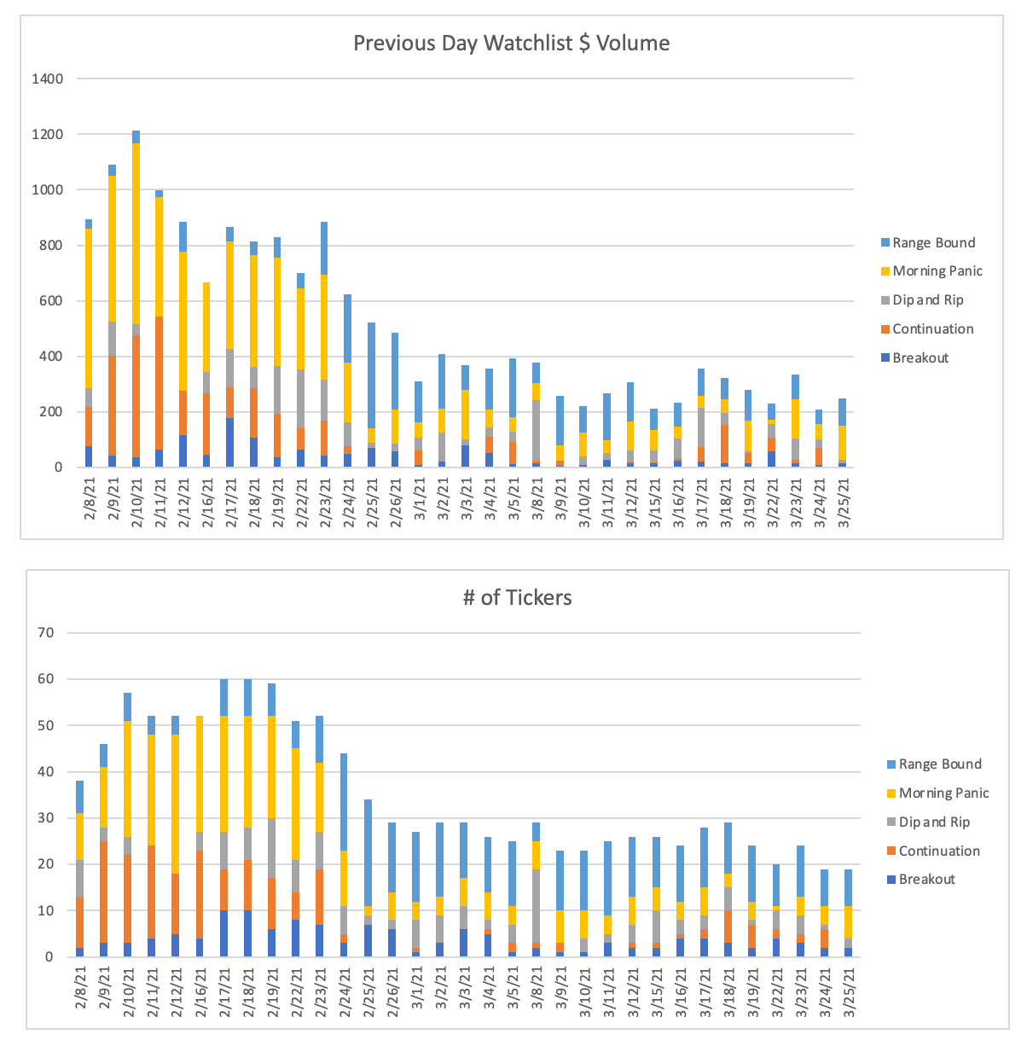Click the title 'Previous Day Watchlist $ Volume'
pos(511,44)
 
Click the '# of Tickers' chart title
pos(517,597)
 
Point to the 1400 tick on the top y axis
pos(48,79)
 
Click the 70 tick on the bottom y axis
pos(45,633)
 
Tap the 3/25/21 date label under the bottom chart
pos(849,991)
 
